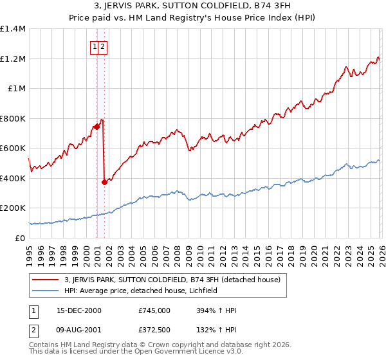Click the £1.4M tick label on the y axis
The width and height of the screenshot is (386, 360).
(x=13, y=29)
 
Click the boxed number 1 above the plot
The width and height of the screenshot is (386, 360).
(x=95, y=46)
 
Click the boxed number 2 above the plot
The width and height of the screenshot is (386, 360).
(x=103, y=46)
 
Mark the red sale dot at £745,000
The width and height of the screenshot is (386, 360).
(x=96, y=127)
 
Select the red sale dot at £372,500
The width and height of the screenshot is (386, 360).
(x=104, y=183)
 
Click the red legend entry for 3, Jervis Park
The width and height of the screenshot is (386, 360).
(x=172, y=280)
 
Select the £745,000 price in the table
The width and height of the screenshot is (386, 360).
(x=154, y=310)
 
